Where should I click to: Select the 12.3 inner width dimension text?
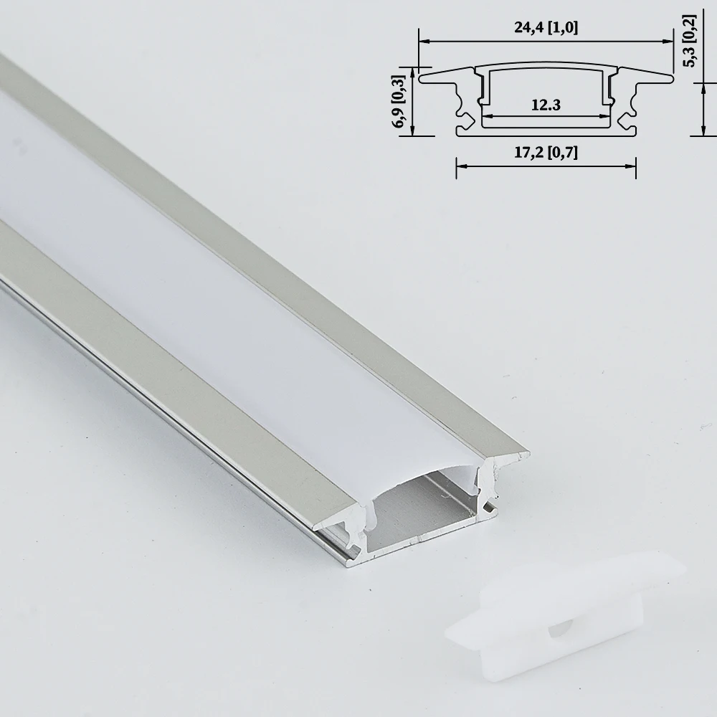[x=546, y=105]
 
